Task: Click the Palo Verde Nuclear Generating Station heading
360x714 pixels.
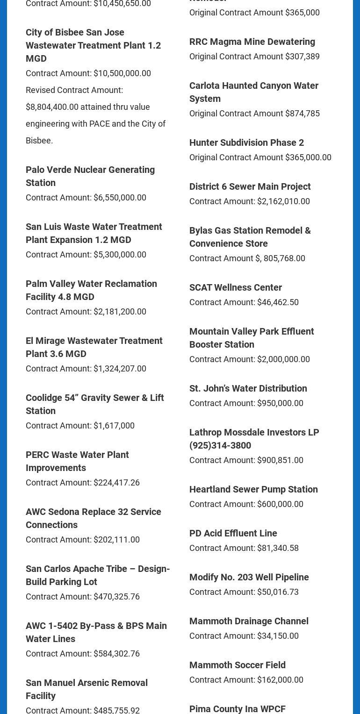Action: click(90, 176)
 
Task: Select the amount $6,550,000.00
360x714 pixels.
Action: click(120, 198)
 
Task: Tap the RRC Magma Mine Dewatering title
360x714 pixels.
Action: click(252, 42)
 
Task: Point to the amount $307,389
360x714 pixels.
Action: click(302, 57)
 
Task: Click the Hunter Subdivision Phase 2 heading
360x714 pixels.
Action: click(246, 143)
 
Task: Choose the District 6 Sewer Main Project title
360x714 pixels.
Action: click(250, 186)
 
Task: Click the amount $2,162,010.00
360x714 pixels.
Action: click(283, 201)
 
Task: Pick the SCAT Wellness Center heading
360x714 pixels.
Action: click(235, 287)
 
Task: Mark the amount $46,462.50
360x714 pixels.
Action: click(278, 302)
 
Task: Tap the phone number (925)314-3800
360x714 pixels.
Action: click(220, 445)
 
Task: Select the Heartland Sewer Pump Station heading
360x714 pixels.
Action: click(253, 489)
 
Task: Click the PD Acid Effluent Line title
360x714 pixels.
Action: click(233, 533)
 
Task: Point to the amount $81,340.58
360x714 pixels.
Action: click(278, 548)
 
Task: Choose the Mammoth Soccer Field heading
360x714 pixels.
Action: click(237, 665)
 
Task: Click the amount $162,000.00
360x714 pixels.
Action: click(280, 680)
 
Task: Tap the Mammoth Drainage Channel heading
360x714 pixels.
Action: click(249, 621)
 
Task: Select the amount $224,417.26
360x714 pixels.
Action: click(116, 483)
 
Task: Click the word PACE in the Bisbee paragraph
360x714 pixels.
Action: click(100, 124)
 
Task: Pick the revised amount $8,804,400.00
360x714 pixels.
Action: click(52, 107)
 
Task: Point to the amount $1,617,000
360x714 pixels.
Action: click(114, 426)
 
